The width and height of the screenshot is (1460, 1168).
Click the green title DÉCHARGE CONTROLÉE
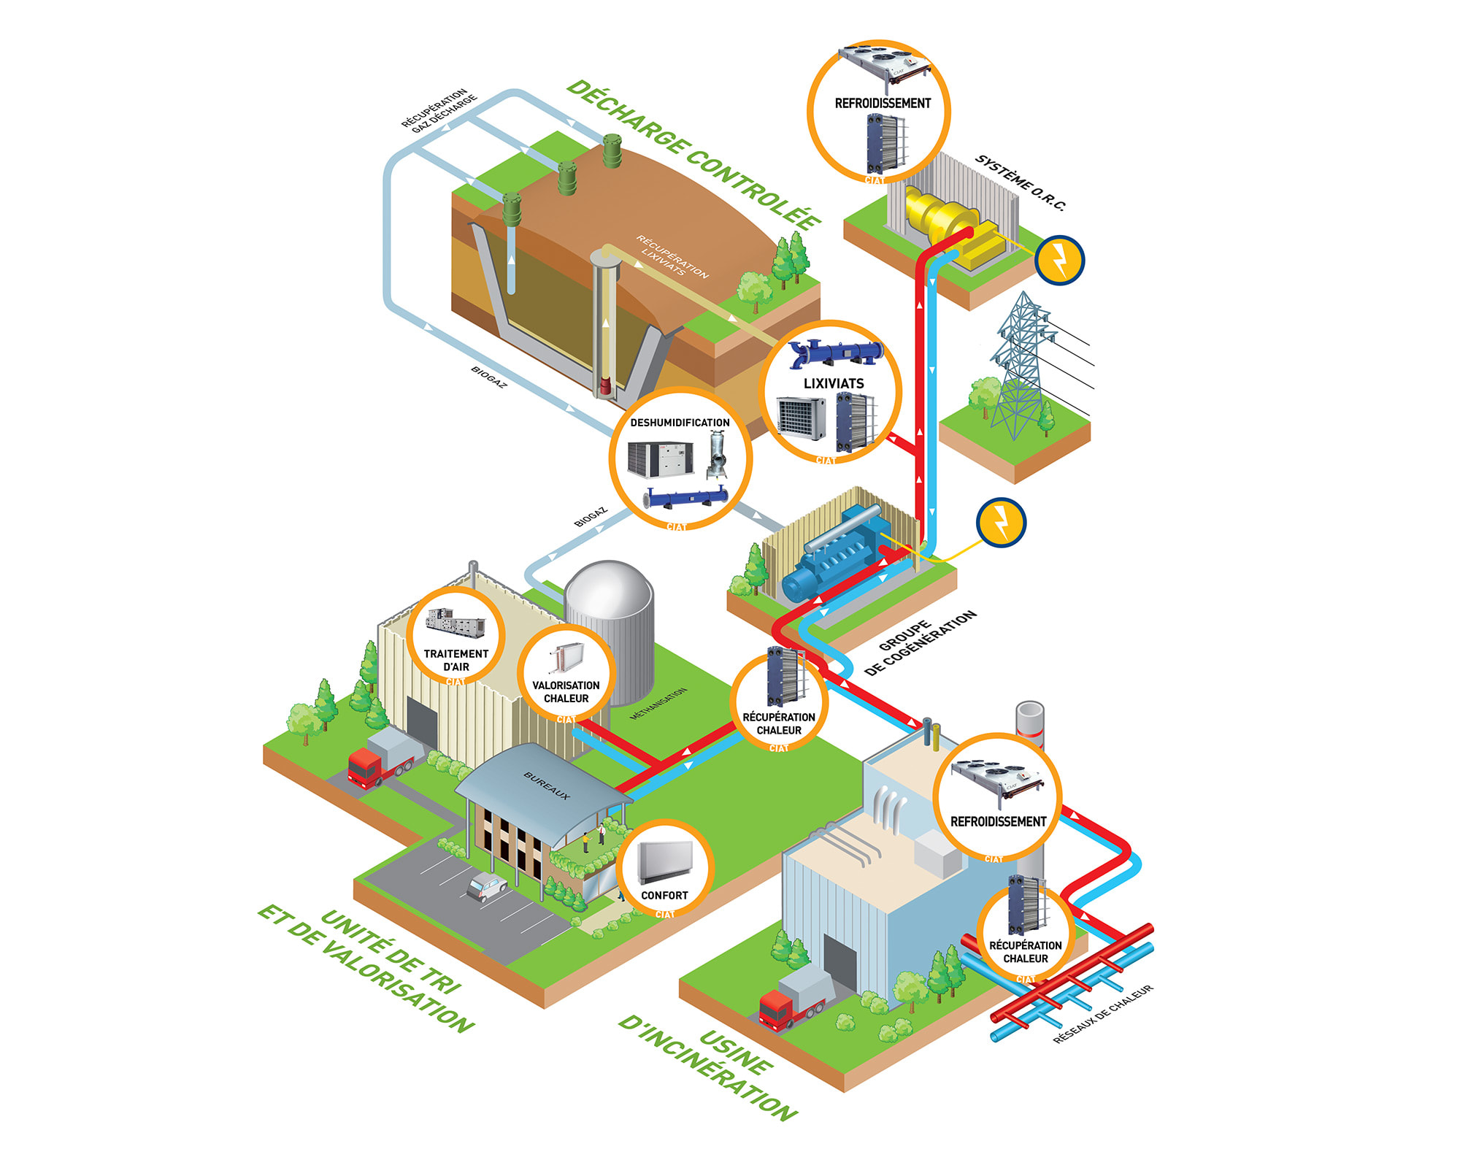pos(693,155)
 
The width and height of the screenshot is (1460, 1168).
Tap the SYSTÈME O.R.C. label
pos(1021,182)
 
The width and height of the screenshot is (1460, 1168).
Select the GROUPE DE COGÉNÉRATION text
pos(920,642)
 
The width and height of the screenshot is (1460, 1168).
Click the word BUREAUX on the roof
pos(547,785)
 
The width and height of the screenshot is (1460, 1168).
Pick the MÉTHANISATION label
pos(658,704)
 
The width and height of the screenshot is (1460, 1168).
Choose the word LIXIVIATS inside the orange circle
pos(833,383)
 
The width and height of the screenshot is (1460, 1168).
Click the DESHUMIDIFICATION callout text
pos(680,423)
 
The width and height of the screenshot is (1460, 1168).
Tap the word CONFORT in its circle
pos(664,896)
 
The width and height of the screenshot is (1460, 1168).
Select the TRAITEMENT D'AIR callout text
pos(456,660)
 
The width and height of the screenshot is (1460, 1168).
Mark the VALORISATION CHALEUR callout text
pos(566,692)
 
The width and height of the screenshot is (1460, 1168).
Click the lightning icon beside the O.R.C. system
pos(1059,260)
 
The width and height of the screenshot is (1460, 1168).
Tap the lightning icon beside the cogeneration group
pos(1001,522)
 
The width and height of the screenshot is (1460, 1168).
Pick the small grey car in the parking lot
pos(487,886)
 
